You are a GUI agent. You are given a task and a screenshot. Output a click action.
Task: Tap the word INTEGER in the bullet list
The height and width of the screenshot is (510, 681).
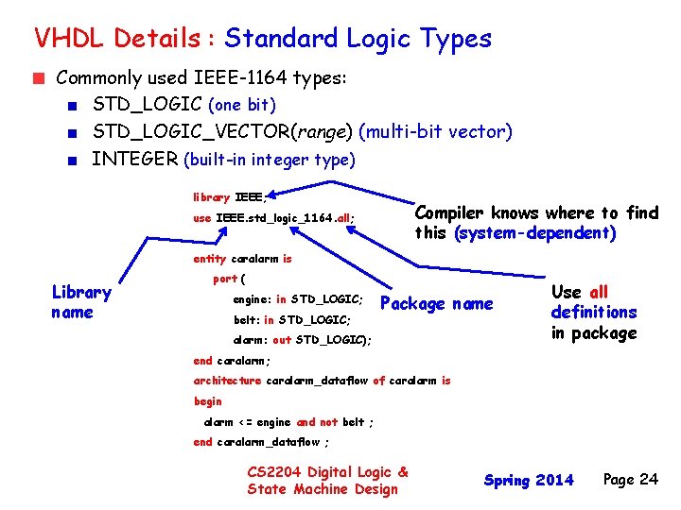pos(133,160)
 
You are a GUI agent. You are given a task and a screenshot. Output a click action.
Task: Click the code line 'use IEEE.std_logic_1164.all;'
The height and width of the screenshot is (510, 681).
pos(274,218)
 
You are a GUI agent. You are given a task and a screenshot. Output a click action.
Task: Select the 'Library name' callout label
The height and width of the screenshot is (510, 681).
pos(81,302)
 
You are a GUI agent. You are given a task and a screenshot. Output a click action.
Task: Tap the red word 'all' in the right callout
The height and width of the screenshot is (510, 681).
pos(599,293)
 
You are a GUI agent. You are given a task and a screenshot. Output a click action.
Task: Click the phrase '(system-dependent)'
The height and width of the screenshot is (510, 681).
pos(535,233)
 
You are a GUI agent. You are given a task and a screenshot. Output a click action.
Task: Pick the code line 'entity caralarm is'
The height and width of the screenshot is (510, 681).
pos(242,259)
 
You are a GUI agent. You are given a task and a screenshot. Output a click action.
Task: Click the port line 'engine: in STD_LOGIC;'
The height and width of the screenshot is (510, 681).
pos(299,299)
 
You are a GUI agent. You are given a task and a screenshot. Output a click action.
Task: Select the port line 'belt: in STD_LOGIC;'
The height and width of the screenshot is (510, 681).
pos(292,320)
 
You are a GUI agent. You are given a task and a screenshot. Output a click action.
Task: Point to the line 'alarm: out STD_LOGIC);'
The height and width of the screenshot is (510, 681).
pos(302,340)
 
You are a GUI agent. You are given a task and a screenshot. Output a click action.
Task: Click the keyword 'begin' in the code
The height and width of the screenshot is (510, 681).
pos(207,401)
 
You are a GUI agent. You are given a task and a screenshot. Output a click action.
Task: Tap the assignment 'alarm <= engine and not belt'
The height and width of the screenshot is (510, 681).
pos(288,422)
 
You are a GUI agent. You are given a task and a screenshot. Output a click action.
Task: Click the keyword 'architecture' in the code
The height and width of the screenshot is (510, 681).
pos(227,381)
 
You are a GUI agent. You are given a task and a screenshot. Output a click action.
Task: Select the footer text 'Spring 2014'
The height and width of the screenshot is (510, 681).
pos(529,481)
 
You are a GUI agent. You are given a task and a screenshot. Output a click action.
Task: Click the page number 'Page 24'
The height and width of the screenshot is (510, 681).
pos(630,480)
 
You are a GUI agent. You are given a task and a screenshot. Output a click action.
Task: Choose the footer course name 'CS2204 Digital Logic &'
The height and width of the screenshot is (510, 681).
pos(327,472)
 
